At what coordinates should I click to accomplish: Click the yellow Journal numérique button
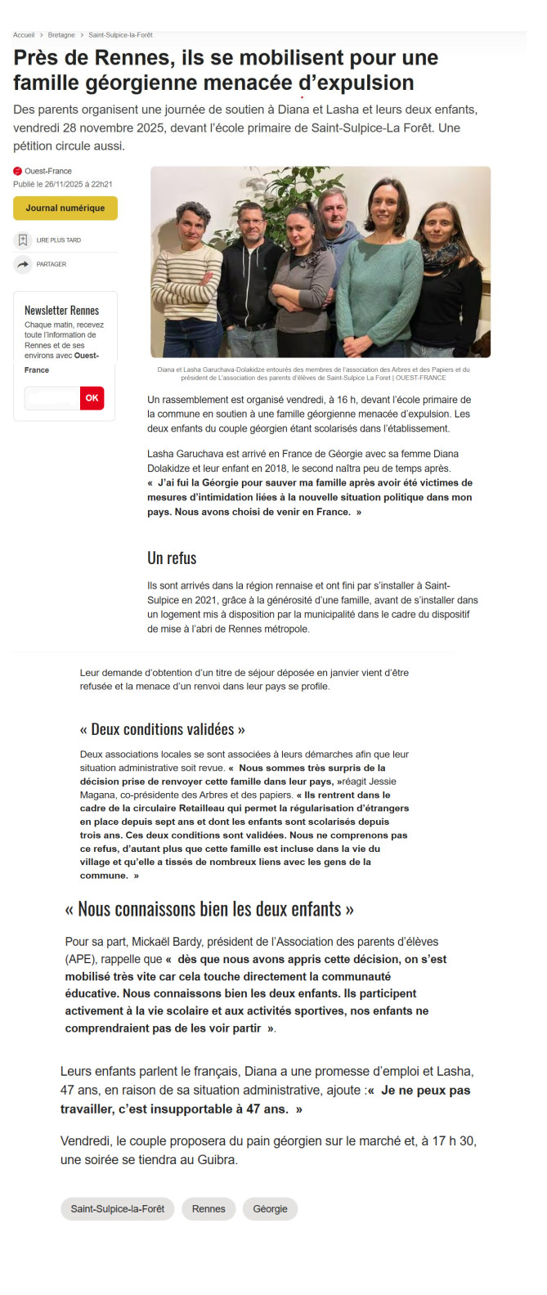click(x=65, y=208)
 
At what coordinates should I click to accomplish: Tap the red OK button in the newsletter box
click(x=92, y=398)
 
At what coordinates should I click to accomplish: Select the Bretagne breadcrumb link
click(x=61, y=35)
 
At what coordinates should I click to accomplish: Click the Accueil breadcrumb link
click(x=24, y=35)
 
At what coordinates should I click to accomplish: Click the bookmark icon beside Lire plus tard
click(x=23, y=240)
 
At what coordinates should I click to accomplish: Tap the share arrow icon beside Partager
click(x=23, y=264)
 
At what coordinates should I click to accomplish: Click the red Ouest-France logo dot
click(x=17, y=171)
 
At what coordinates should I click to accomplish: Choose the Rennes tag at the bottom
click(x=208, y=1208)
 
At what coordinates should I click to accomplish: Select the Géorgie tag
click(x=270, y=1208)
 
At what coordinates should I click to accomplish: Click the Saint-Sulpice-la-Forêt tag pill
click(x=117, y=1208)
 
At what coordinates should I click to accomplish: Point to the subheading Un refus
click(x=172, y=558)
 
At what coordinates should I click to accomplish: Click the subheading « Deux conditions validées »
click(x=162, y=729)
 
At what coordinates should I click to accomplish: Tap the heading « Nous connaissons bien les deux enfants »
click(x=209, y=909)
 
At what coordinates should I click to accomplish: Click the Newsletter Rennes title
click(x=61, y=311)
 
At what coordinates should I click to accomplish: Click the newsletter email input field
click(x=52, y=398)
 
